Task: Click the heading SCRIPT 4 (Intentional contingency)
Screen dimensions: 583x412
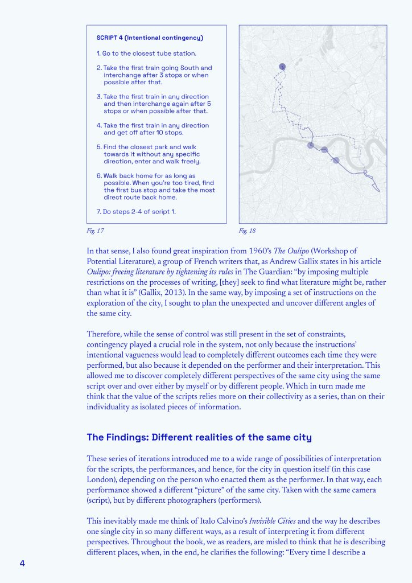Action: pyautogui.click(x=150, y=38)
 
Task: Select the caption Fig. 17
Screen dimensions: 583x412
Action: pyautogui.click(x=95, y=231)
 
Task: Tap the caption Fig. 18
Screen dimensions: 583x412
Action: pyautogui.click(x=247, y=231)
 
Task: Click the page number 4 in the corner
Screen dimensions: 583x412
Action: pyautogui.click(x=22, y=563)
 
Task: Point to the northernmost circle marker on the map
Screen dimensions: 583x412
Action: pyautogui.click(x=282, y=67)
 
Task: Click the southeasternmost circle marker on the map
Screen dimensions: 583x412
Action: pyautogui.click(x=336, y=161)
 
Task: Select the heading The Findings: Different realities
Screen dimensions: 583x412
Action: pyautogui.click(x=199, y=437)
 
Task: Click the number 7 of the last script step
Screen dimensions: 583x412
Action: pyautogui.click(x=98, y=212)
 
